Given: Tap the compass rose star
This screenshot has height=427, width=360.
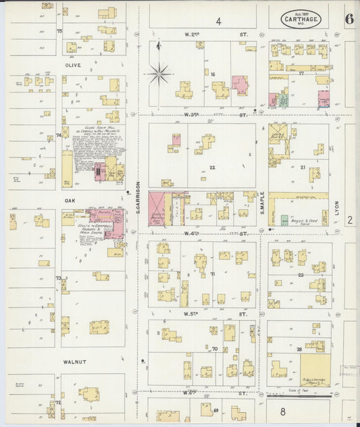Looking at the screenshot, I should (160, 72).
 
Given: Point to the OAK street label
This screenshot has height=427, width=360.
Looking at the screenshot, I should (70, 201).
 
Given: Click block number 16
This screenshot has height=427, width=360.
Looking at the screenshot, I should (212, 74).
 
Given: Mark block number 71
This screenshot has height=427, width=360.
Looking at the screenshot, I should (212, 274).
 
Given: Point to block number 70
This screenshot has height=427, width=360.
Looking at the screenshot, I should (214, 349).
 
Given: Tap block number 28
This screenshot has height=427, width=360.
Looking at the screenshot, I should (299, 349).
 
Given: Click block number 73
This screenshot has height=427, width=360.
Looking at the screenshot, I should (59, 278).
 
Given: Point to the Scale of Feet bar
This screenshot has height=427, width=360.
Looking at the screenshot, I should (297, 395).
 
